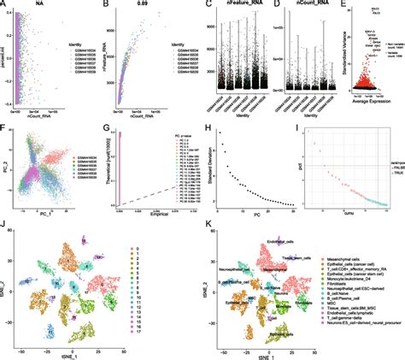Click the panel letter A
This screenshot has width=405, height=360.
point(4,4)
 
